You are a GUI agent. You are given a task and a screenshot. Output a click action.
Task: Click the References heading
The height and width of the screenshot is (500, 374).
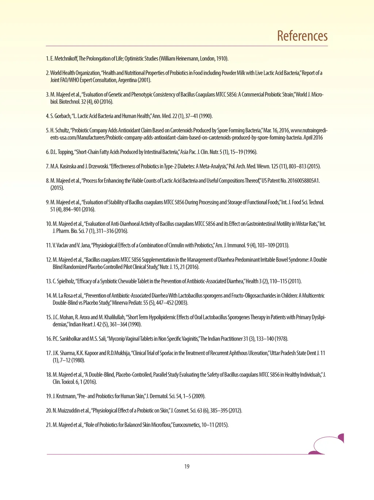pos(302,36)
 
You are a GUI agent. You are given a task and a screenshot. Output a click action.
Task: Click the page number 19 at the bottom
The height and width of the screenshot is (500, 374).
pos(187,466)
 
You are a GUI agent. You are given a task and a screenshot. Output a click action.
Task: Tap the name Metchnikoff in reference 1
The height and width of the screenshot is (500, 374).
pos(65,59)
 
